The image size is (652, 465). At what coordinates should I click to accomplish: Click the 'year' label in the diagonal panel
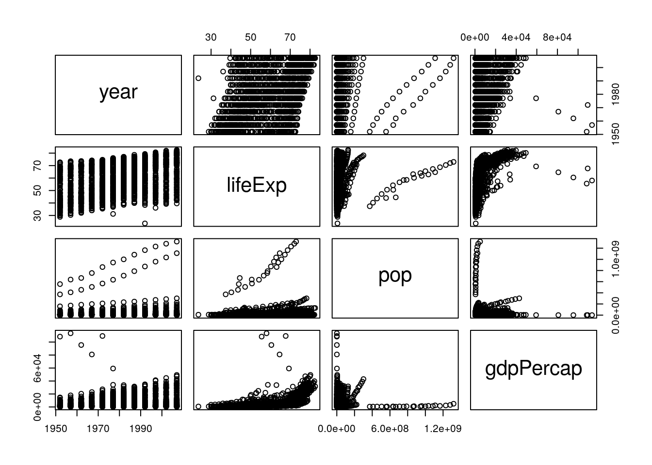tap(118, 92)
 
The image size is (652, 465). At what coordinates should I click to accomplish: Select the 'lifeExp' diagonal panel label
tap(257, 185)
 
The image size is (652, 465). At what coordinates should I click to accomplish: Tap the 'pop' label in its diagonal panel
tap(395, 275)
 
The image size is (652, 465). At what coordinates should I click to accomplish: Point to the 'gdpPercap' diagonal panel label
tap(533, 369)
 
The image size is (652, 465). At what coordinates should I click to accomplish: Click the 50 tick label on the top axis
tap(250, 37)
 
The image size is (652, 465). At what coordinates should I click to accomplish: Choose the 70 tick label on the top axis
tap(290, 37)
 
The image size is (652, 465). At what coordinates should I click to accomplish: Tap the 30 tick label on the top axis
tap(211, 37)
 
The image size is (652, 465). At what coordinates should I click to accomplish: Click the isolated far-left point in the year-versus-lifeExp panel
tap(198, 78)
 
